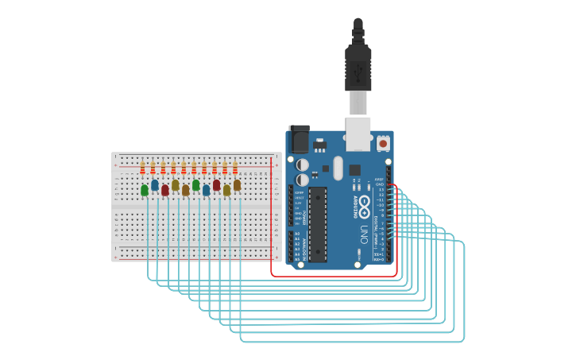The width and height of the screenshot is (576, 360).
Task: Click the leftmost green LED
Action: (x=145, y=190)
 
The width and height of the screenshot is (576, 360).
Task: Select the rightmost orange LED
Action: (x=237, y=185)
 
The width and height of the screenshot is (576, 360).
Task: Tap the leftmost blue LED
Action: (x=155, y=185)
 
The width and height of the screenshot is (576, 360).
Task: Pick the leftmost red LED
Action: (x=165, y=190)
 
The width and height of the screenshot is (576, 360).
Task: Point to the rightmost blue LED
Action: (x=207, y=190)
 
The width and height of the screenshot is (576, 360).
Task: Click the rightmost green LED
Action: (x=196, y=185)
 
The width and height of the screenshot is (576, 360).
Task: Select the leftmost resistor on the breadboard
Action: (x=143, y=168)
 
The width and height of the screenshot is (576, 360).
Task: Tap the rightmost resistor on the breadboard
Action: (x=235, y=168)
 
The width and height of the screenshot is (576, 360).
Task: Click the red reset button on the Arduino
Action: (x=383, y=144)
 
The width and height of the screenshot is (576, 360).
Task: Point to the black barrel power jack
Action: (x=299, y=139)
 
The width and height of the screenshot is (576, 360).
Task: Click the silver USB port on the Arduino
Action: (x=358, y=133)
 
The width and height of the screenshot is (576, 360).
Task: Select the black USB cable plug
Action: (x=358, y=68)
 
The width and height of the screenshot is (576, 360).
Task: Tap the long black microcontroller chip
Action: (x=318, y=223)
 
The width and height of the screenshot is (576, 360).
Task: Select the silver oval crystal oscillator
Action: (x=338, y=168)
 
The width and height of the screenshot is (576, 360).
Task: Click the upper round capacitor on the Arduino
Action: (x=303, y=165)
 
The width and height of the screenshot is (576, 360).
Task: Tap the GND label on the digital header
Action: (x=380, y=184)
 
